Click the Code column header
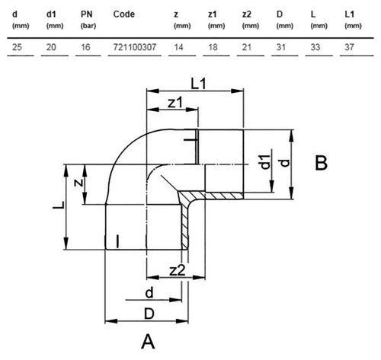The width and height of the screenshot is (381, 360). tap(124, 14)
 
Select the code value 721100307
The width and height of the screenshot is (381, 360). tap(135, 47)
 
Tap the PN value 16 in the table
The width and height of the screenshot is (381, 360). tap(85, 47)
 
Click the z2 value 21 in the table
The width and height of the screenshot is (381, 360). tap(247, 47)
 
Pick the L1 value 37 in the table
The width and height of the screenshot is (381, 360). tap(349, 47)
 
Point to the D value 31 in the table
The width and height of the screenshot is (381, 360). tap(281, 47)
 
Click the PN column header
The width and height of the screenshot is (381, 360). tap(87, 14)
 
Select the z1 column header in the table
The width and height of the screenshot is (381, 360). tap(213, 14)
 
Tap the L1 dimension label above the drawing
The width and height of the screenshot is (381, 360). tap(198, 84)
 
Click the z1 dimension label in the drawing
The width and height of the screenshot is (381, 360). tap(175, 103)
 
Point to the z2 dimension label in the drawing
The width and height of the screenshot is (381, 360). tap(178, 270)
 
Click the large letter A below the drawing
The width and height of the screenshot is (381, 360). tap(148, 342)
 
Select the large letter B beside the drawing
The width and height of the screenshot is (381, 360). tap(321, 163)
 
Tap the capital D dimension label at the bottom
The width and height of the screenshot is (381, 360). tap(149, 314)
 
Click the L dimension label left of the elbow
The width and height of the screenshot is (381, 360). tap(59, 205)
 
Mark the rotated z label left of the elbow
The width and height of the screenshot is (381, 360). tap(78, 183)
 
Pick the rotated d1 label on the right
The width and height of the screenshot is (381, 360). tap(266, 161)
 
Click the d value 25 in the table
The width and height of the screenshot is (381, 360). tap(17, 47)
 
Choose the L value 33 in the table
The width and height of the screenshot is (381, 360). tap(315, 47)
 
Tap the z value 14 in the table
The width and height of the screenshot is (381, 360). tap(178, 47)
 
